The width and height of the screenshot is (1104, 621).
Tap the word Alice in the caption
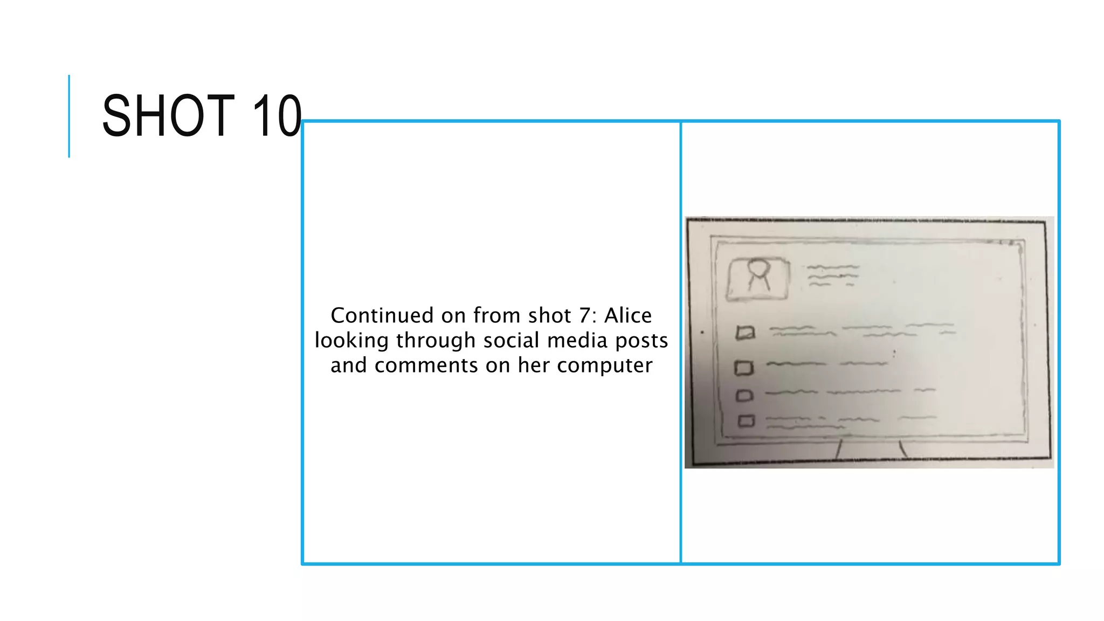point(628,315)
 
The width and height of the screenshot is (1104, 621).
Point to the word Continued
point(382,315)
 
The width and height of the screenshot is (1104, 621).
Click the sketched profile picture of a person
point(758,278)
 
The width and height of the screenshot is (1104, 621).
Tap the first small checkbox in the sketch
point(746,333)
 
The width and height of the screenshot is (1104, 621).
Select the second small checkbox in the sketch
point(744,368)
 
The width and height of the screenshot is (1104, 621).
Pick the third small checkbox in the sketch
point(744,396)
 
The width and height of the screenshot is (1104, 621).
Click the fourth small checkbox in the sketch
point(746,420)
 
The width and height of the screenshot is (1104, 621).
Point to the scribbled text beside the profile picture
point(832,275)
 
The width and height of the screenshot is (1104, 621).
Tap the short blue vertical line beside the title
point(69,116)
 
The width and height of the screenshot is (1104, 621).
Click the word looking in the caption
point(351,341)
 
